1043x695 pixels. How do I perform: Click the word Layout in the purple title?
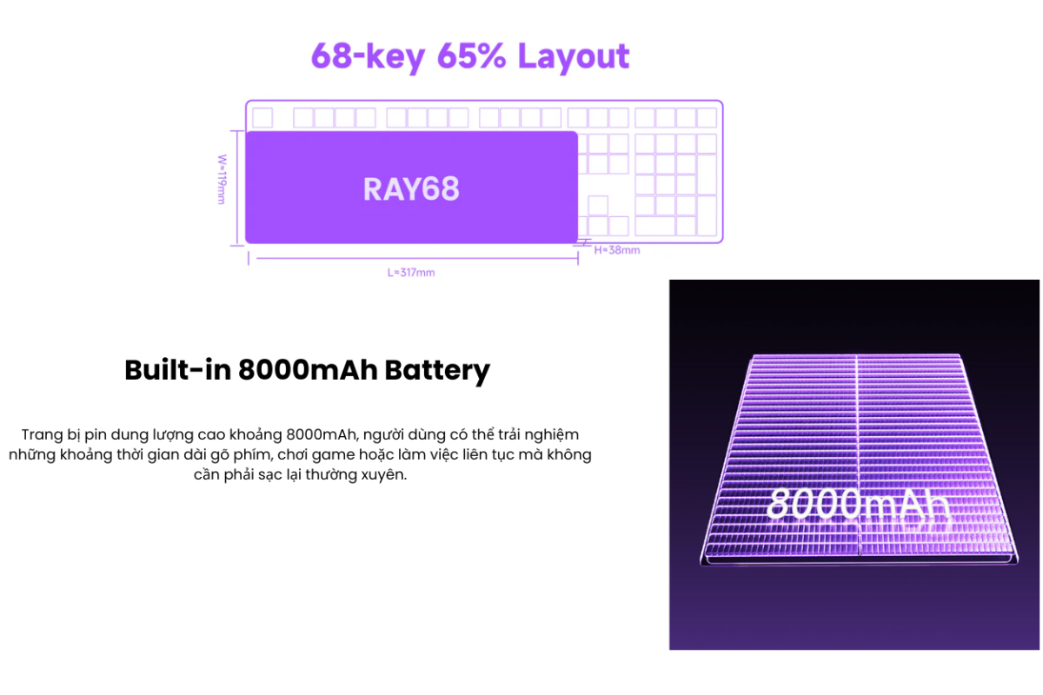573,56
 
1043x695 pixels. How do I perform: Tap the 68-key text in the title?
368,56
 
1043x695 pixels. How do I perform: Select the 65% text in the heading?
471,56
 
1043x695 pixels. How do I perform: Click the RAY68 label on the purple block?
411,189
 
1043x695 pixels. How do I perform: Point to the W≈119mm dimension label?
223,179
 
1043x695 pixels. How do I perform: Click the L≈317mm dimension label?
411,273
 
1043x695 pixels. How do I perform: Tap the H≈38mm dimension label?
617,250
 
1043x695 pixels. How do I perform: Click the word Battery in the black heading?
437,371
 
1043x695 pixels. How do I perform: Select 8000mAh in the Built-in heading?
308,369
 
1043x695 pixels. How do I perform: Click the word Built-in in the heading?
178,369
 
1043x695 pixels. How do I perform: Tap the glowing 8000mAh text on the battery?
858,504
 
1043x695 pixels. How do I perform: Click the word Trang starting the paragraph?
43,434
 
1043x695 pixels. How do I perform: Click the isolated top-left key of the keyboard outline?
262,118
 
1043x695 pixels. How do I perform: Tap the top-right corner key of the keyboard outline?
707,118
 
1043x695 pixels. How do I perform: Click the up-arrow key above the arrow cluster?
598,205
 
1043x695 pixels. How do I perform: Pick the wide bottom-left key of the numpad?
655,226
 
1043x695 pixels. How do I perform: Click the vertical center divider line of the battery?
858,455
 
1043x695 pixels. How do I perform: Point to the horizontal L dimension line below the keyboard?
417,258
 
